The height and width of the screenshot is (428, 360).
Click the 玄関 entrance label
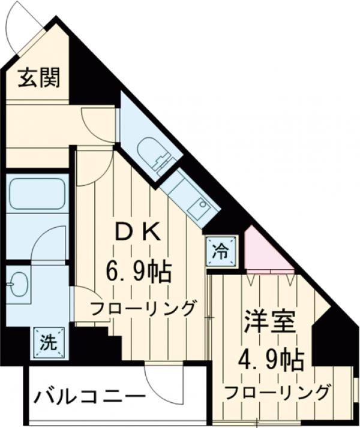39,78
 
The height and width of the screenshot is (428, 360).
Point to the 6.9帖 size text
140,273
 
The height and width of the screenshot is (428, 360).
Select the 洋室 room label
269,323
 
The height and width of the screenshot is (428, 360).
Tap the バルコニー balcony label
89,396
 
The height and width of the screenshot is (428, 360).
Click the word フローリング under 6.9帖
143,309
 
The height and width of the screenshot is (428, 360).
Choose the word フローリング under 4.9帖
278,393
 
